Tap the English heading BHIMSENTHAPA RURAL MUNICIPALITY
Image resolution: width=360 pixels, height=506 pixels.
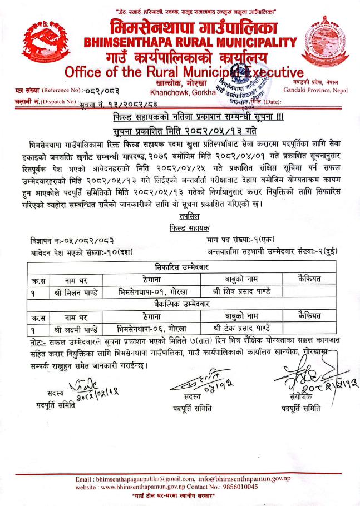[x=190, y=42]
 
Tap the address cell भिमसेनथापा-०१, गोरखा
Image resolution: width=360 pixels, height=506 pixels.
[x=148, y=291]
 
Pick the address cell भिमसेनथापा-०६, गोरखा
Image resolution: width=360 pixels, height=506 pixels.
[x=148, y=328]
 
